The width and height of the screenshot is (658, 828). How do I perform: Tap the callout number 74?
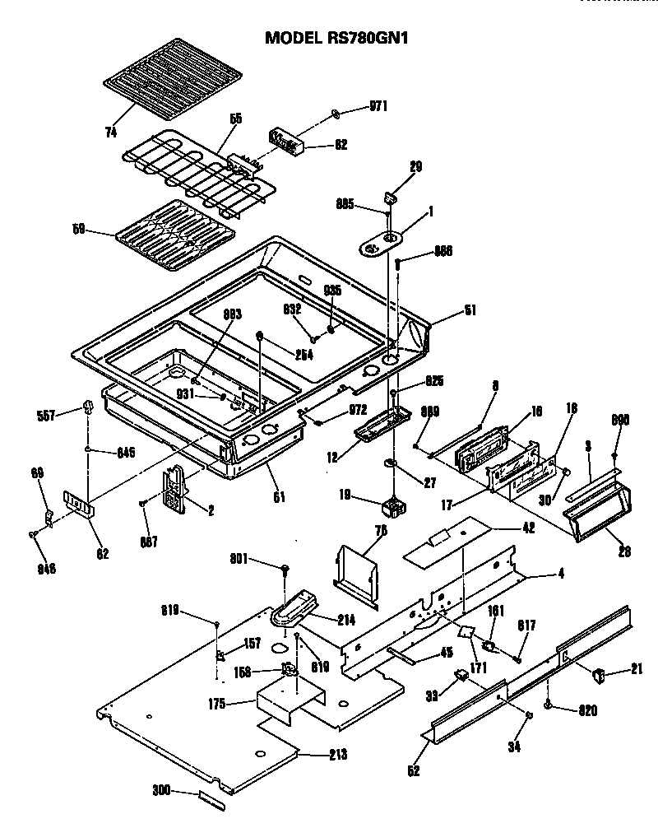click(111, 132)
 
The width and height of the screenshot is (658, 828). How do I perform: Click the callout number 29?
click(415, 166)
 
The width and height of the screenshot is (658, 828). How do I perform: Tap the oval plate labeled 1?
click(382, 241)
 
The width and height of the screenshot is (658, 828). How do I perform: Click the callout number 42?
click(527, 528)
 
